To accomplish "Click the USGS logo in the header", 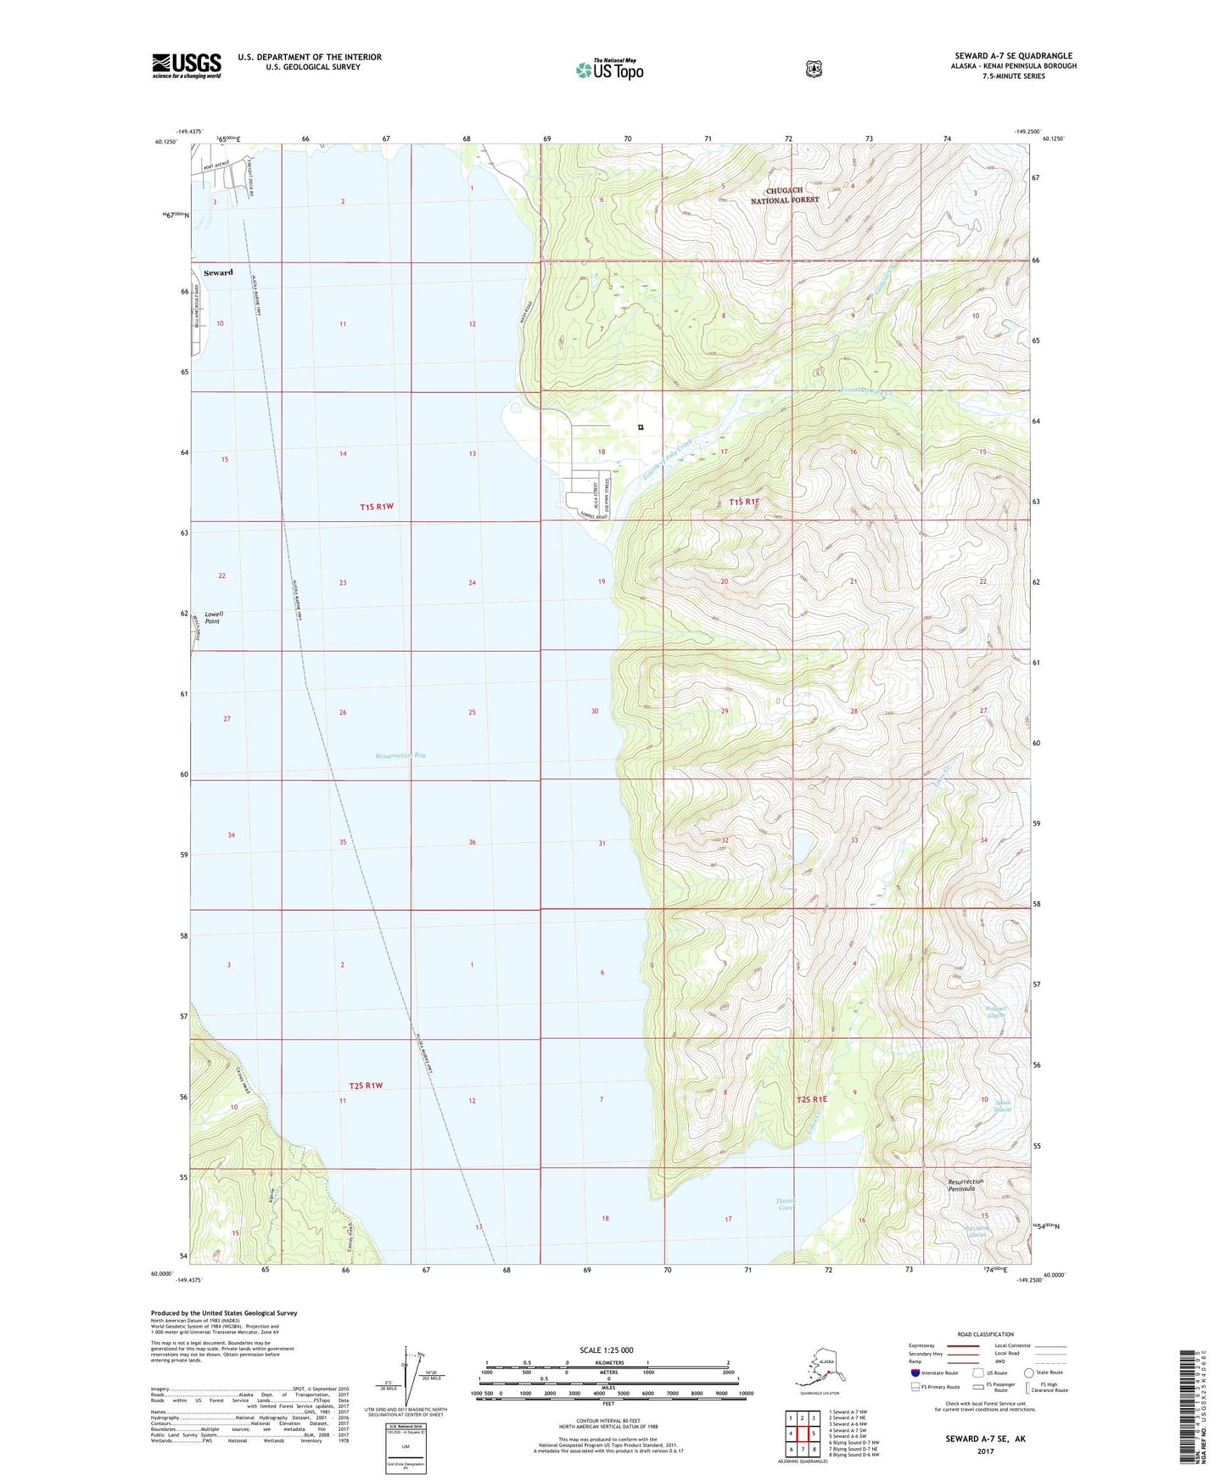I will click(187, 65).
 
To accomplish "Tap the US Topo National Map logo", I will click(609, 70).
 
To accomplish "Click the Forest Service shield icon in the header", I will click(814, 69).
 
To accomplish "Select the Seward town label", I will click(218, 272).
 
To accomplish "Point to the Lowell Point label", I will click(212, 617).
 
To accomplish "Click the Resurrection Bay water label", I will click(400, 755).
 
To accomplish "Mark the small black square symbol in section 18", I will click(641, 427).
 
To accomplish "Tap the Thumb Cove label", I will click(785, 1204).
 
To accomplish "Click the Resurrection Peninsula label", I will click(966, 1185).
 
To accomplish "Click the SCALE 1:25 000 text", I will click(606, 1350).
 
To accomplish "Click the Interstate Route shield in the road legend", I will click(915, 1372).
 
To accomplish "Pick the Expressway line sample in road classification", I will click(963, 1345).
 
